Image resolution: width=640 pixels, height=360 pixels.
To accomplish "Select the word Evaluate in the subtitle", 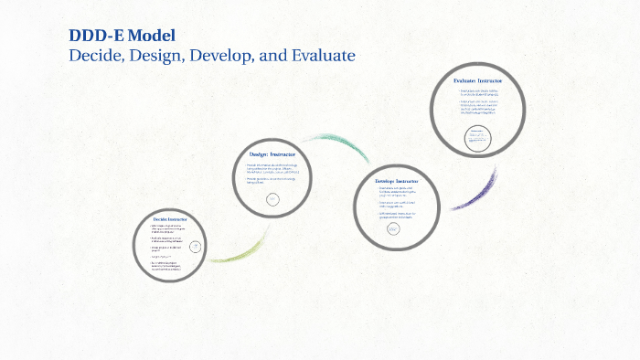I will (x=321, y=55).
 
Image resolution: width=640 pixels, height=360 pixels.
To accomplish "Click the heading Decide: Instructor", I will (x=170, y=220).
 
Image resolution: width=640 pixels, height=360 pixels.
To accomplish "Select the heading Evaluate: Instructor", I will (x=477, y=81).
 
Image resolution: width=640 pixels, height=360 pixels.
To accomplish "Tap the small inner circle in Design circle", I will (x=272, y=200).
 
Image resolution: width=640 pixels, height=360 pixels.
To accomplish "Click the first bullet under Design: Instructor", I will (x=278, y=168).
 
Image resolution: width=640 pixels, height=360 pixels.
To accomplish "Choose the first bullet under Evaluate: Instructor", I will (x=479, y=93).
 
